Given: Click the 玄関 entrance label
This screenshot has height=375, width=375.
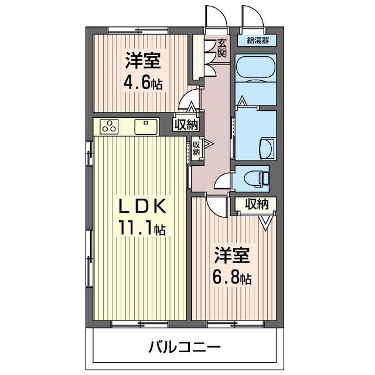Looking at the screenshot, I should point(222,47).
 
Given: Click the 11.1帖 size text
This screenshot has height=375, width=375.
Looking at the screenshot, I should point(142,227).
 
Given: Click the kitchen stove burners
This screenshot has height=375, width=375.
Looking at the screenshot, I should point(110,125).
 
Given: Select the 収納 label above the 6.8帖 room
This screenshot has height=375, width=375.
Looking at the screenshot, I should point(256,204).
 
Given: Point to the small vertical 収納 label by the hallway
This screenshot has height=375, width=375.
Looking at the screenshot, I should point(196,149).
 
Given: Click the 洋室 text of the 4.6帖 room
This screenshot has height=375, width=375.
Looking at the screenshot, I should point(142,60).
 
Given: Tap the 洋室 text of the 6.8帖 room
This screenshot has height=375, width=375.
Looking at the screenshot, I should point(232,256).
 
